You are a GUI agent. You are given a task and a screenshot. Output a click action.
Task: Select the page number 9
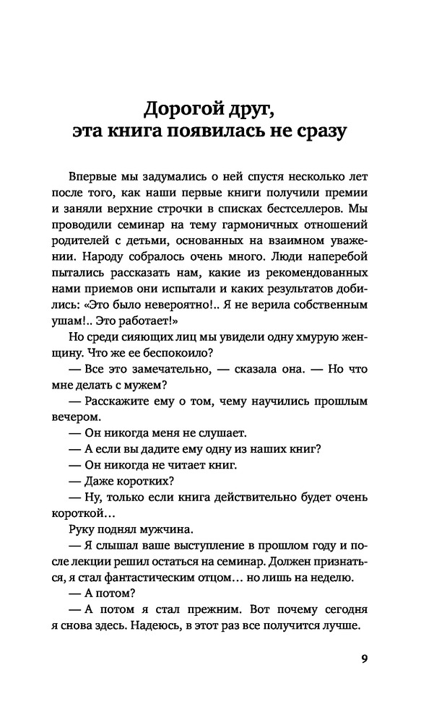pyautogui.click(x=364, y=658)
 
